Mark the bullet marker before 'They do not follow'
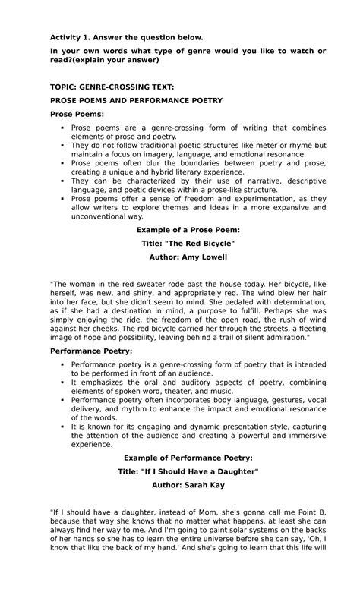[x=62, y=145]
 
